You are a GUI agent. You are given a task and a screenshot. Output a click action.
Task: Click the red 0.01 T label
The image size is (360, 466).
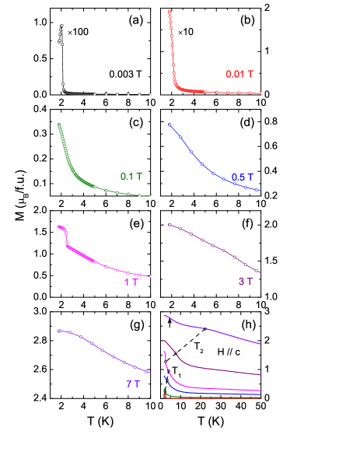coord(239,74)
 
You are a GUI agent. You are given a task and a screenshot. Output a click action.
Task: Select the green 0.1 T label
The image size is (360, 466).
coord(131,177)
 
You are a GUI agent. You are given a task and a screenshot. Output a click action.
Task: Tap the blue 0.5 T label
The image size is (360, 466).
coord(243,177)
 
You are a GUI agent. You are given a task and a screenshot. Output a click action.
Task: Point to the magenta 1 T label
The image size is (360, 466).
coord(131,282)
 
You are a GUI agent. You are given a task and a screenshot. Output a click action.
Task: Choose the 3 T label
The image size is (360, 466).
coord(245,282)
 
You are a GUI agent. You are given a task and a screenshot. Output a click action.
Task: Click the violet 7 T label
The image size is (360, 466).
coord(133,384)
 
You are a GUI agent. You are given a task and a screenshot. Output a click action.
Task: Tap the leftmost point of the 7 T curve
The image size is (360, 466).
coord(59,331)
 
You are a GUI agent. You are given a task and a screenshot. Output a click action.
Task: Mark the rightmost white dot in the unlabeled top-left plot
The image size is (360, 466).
coord(150,95)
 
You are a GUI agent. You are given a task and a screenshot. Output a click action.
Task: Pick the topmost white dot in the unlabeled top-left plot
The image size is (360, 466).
coord(61,25)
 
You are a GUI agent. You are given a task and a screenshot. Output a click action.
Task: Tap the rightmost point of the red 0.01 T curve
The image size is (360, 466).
coord(260,93)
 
